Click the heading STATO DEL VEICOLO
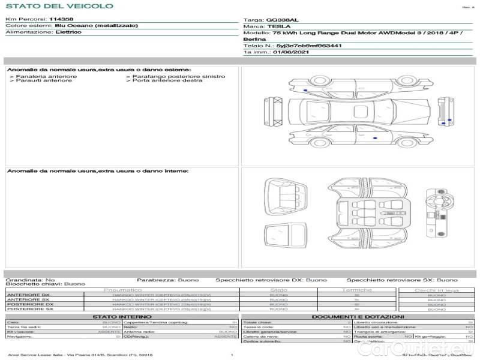coord(59,6)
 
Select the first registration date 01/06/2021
coord(291,52)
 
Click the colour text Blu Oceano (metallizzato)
coord(96,26)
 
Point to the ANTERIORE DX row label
coord(28,295)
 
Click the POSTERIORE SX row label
coord(29,308)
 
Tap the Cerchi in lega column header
coord(436,290)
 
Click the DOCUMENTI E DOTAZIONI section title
coord(358,316)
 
